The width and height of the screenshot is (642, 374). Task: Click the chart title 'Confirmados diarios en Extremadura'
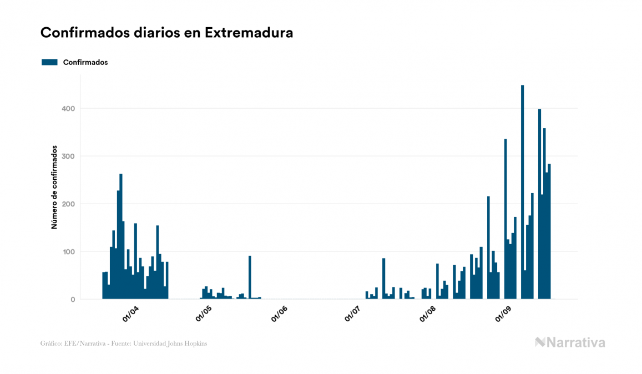point(166,33)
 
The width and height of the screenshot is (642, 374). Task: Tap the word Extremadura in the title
point(249,33)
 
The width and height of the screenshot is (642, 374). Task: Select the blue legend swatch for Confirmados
point(49,62)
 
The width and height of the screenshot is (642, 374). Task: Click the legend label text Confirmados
point(85,62)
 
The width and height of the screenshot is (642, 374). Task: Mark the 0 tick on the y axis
point(72,300)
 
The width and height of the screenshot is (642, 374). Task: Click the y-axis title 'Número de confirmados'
point(54,188)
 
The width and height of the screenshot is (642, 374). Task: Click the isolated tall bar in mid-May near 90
point(250,277)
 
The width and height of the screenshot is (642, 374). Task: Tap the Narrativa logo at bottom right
point(570,342)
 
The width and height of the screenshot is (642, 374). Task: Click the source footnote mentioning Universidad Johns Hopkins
point(124,343)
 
